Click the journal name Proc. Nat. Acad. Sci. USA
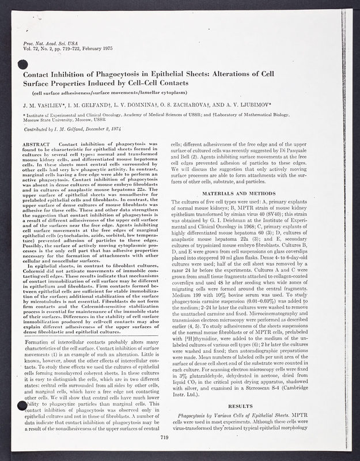[44, 43]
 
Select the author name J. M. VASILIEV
[44, 105]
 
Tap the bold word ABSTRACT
[38, 142]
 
